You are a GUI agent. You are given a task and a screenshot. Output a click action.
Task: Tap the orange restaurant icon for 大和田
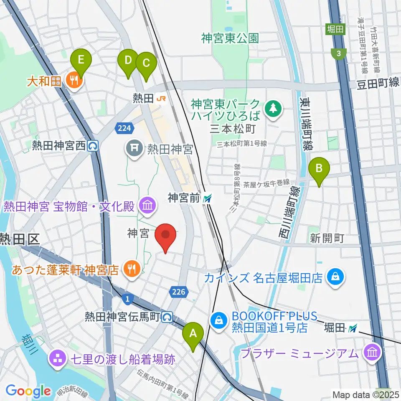74,81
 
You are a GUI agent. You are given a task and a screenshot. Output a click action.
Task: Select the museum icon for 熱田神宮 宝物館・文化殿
147,205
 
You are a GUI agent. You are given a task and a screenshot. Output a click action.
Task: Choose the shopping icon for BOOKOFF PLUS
218,320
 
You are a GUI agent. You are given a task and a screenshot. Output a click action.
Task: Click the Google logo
28,391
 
